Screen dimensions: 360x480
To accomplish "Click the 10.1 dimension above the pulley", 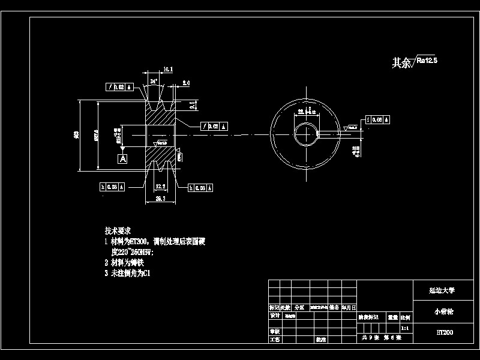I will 168,70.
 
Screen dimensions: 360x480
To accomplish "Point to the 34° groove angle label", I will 154,80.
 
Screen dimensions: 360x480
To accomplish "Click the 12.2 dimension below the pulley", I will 160,187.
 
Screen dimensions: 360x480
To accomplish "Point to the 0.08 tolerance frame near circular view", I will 378,119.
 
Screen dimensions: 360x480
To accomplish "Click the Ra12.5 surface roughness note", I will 427,61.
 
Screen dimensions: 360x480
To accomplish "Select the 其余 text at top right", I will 400,62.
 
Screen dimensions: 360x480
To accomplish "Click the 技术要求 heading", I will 118,230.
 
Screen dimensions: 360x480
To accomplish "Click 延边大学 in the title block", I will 442,290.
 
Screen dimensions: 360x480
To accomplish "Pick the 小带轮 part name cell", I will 442,311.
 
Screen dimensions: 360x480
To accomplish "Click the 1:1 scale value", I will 405,328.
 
